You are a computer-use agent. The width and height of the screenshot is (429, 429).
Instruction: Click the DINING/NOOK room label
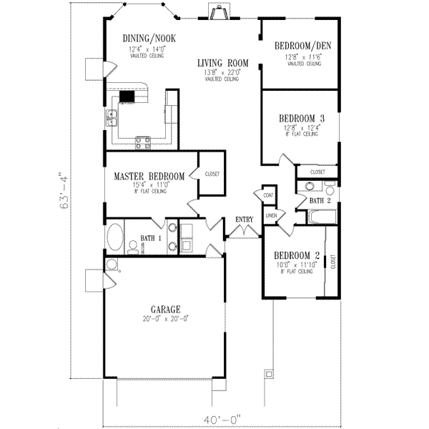(x=149, y=39)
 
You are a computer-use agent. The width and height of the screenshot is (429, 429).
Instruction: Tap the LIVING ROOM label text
(x=224, y=63)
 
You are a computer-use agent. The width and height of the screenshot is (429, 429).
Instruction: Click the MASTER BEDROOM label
(x=149, y=176)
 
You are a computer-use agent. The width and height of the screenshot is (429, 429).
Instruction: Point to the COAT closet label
(x=269, y=194)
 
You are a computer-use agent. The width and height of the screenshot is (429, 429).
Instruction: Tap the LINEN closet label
(x=271, y=214)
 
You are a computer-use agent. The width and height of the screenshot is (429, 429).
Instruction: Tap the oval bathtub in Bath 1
(x=114, y=235)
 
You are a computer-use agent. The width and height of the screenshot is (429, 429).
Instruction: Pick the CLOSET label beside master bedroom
(x=212, y=174)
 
